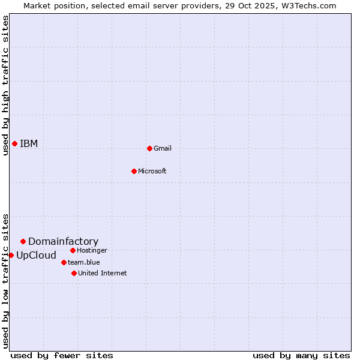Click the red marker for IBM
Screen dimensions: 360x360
click(14, 143)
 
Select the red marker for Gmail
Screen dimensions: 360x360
click(149, 148)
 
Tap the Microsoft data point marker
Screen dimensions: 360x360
click(134, 171)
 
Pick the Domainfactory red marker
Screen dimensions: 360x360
click(23, 241)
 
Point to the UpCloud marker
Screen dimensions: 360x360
click(11, 255)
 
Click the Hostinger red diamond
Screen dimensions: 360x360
click(73, 250)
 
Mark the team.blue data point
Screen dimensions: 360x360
click(64, 262)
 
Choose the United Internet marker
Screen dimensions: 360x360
click(74, 273)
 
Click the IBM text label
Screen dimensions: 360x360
click(29, 143)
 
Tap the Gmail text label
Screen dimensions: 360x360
click(163, 148)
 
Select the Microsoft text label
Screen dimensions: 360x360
click(152, 171)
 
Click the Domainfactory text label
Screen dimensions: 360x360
click(63, 241)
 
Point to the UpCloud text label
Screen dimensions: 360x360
click(36, 255)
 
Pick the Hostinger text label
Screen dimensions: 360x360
click(92, 250)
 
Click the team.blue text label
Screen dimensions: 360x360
click(83, 262)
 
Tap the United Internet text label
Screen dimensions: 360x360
click(102, 273)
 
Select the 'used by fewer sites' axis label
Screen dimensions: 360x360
click(62, 355)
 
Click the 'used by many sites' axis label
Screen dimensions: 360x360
click(301, 355)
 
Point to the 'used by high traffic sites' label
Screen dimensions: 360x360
click(5, 85)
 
